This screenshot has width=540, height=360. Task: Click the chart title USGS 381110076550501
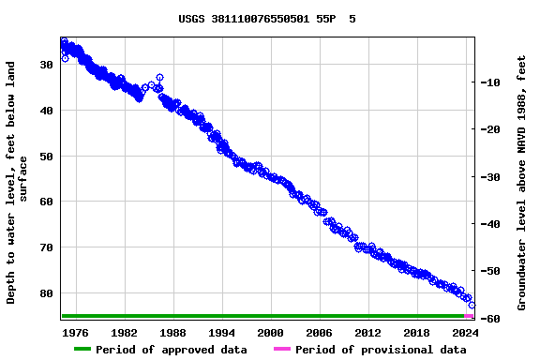point(267,19)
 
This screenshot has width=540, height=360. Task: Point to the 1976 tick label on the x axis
point(75,333)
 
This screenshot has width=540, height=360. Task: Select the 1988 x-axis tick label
point(172,333)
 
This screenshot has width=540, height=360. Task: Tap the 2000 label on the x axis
point(270,333)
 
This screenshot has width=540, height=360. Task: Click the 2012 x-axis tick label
point(367,333)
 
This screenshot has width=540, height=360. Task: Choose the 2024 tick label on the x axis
point(465,333)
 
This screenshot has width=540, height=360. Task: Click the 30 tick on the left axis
point(46,65)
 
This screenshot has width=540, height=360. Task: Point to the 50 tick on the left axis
point(46,156)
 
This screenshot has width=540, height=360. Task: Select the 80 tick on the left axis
point(46,293)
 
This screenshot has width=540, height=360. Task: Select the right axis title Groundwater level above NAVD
point(521,183)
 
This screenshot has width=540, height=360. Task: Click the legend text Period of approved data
point(172,350)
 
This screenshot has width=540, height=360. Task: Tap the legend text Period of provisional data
point(381,350)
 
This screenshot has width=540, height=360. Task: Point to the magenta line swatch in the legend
point(281,350)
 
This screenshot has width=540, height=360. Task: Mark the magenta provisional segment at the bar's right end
point(470,316)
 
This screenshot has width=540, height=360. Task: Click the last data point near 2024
point(472,305)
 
